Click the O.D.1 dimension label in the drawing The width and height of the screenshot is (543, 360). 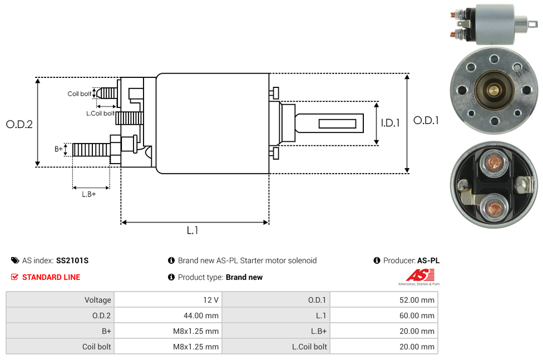point(426,120)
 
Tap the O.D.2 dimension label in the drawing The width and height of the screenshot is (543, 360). point(19,124)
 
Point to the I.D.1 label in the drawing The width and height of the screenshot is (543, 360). point(390,124)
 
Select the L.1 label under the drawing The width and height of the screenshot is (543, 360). point(192,230)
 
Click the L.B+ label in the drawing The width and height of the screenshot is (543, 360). point(89,194)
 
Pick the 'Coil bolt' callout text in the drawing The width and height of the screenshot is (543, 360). point(80,93)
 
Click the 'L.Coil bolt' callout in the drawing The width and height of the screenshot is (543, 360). point(100,114)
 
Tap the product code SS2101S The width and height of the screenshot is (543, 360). point(72,260)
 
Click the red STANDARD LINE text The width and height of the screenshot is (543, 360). point(51,277)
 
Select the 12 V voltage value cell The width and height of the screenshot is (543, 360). point(211,300)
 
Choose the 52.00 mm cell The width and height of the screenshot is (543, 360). point(417,300)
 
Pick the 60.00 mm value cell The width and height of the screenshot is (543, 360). point(417,315)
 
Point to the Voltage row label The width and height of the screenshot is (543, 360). point(98,300)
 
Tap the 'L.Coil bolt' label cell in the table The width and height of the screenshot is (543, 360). point(310,347)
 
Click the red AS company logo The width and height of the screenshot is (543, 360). point(418,275)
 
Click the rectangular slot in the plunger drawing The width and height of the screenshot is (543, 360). point(337,122)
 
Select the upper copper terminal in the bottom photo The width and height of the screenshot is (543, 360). point(493,162)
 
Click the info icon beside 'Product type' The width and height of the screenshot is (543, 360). point(171,277)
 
